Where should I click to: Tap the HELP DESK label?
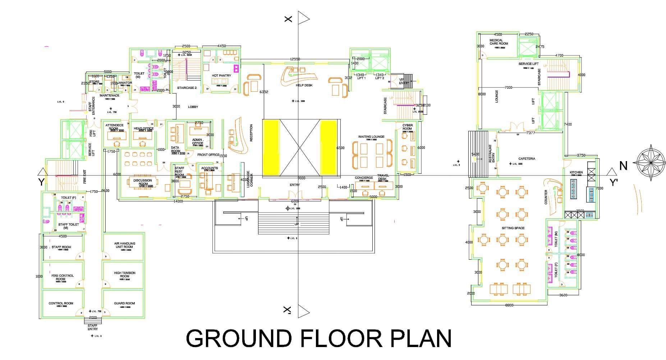click(x=304, y=85)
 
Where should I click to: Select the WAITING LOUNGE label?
click(x=371, y=137)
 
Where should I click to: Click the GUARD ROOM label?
click(x=124, y=303)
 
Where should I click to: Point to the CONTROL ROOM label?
click(x=61, y=303)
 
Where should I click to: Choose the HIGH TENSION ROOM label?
click(x=125, y=274)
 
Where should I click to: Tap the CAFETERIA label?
click(x=527, y=159)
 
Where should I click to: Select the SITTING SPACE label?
click(x=513, y=228)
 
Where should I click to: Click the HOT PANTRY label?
click(x=221, y=76)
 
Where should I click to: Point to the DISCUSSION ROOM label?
click(x=143, y=182)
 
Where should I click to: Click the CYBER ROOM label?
click(x=407, y=127)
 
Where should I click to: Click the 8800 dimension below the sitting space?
click(x=509, y=305)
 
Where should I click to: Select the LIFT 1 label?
click(x=360, y=78)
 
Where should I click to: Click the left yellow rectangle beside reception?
click(x=271, y=147)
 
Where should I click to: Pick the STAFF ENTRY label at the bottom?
click(x=93, y=327)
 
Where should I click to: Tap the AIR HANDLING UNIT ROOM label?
click(x=124, y=245)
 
